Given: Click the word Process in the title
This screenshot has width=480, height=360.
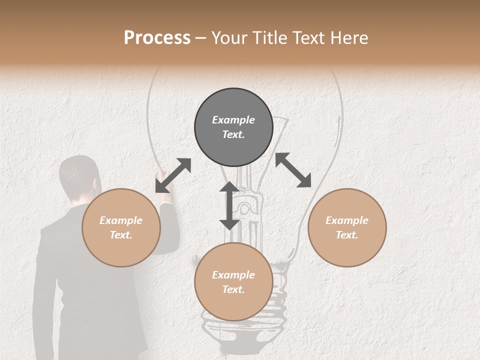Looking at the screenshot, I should tap(157, 38).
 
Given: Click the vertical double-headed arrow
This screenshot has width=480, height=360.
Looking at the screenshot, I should tap(229, 206).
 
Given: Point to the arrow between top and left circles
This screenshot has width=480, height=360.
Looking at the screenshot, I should tap(173, 175).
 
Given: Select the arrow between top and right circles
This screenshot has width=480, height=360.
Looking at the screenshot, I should tap(293, 170).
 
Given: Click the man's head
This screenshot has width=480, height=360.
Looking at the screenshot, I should tap(78, 175).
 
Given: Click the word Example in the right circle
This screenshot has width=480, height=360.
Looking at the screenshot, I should tap(347, 220).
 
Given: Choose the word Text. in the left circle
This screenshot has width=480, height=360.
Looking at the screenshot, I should tap(121, 235).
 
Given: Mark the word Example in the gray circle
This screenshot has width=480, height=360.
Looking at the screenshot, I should tap(233, 120).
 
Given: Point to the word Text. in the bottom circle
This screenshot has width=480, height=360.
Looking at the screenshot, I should tap(233, 289).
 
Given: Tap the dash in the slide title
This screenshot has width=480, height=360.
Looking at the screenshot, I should tap(200, 38).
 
